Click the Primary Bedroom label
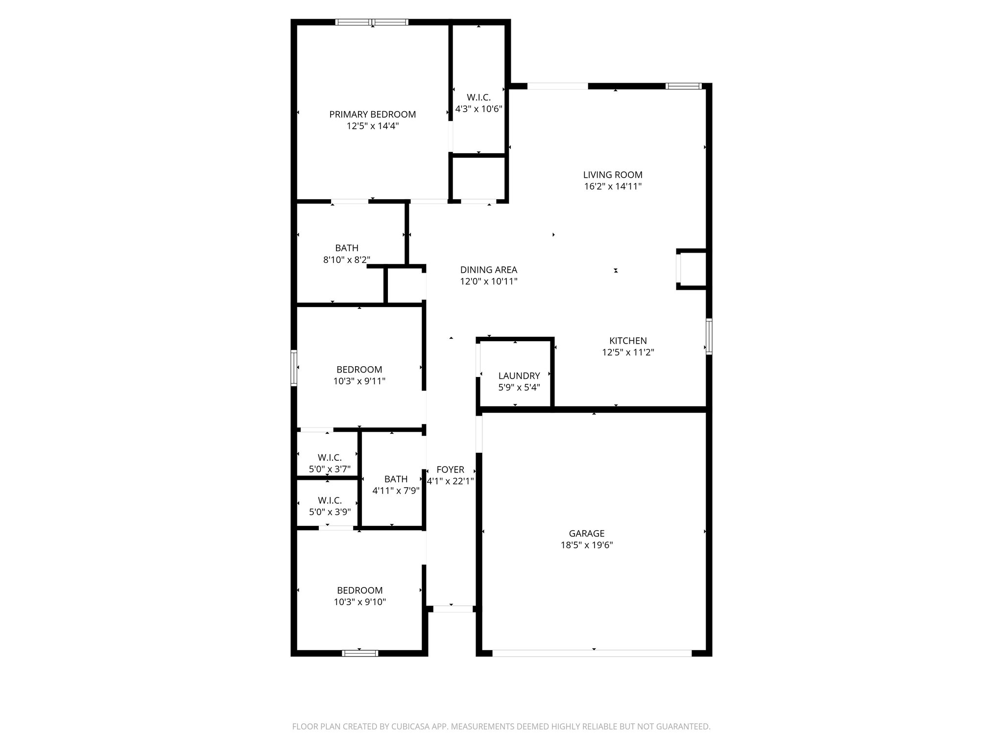click(x=372, y=115)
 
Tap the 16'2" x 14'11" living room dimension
click(x=613, y=187)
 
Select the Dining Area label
click(x=488, y=270)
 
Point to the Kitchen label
click(x=628, y=341)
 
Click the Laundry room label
click(x=519, y=376)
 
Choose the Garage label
click(x=586, y=534)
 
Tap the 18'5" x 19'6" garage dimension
click(x=586, y=545)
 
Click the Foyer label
click(x=450, y=470)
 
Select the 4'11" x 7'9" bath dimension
click(x=396, y=491)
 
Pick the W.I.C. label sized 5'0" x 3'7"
click(x=330, y=458)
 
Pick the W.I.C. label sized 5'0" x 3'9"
click(x=330, y=501)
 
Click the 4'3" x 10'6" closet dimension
click(x=478, y=109)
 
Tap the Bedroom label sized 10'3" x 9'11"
click(x=359, y=370)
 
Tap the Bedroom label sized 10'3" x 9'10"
click(x=359, y=590)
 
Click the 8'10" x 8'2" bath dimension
click(x=346, y=260)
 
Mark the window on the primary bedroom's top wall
click(x=372, y=22)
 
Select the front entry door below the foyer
click(x=453, y=609)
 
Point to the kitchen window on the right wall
click(x=708, y=336)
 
